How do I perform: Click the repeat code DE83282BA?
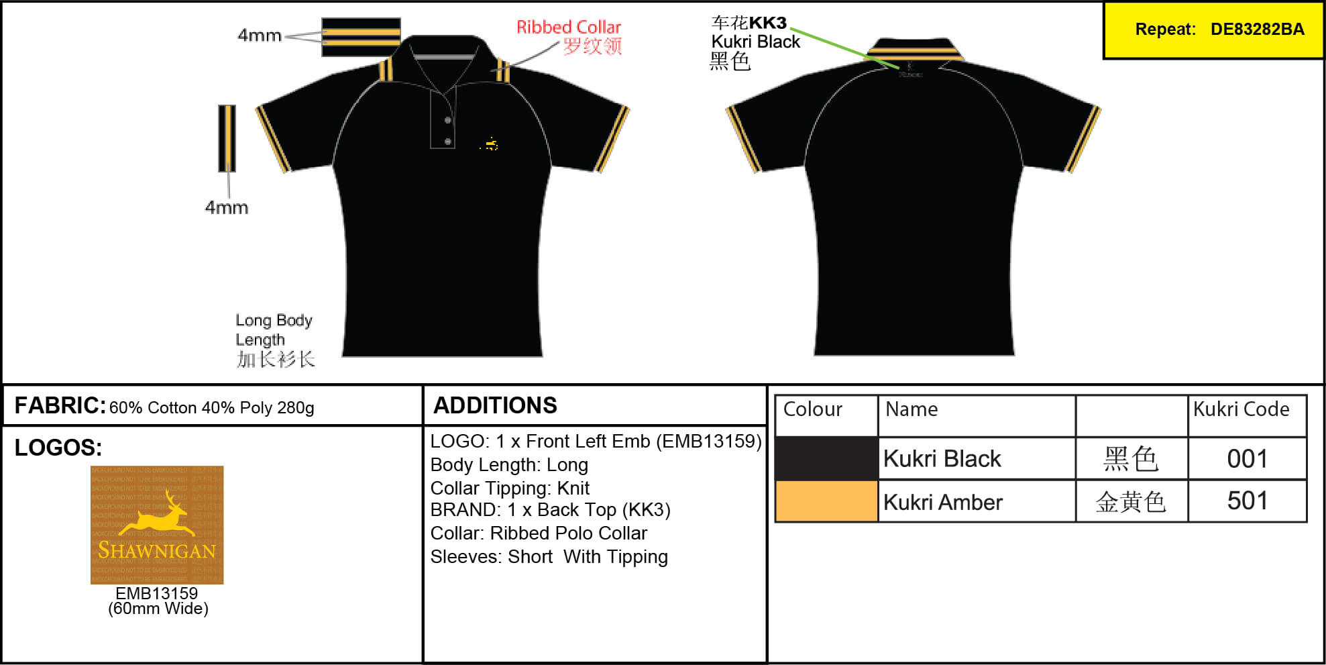[1257, 30]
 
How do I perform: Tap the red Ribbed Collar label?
[568, 28]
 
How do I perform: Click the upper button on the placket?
[447, 121]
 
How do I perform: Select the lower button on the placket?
[447, 142]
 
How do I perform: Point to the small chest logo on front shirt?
[490, 144]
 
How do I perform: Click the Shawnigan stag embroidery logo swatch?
[157, 525]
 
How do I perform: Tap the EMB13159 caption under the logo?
[157, 594]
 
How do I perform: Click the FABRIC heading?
[60, 405]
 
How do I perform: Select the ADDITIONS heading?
[495, 405]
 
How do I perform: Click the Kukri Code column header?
[1241, 409]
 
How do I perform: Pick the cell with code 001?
[1247, 459]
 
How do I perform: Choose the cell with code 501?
[1247, 501]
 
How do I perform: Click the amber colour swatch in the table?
[826, 501]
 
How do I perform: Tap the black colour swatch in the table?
[826, 459]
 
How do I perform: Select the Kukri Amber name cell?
[943, 502]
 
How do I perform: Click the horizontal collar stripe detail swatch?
[361, 37]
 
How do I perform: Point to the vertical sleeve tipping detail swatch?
[227, 138]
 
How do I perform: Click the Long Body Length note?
[274, 330]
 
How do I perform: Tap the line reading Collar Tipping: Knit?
[510, 488]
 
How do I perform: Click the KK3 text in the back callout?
[767, 23]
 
